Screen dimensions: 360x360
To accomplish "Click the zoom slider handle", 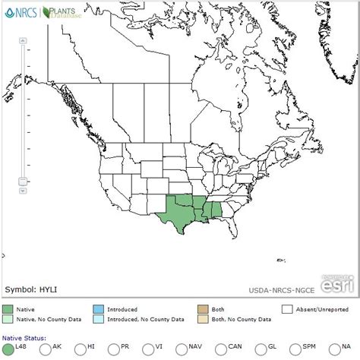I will click(23, 180).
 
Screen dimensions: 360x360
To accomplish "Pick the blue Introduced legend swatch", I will click(98, 309).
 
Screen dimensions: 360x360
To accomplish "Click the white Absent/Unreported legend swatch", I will click(287, 309).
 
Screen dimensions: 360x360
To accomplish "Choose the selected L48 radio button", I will click(8, 349).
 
